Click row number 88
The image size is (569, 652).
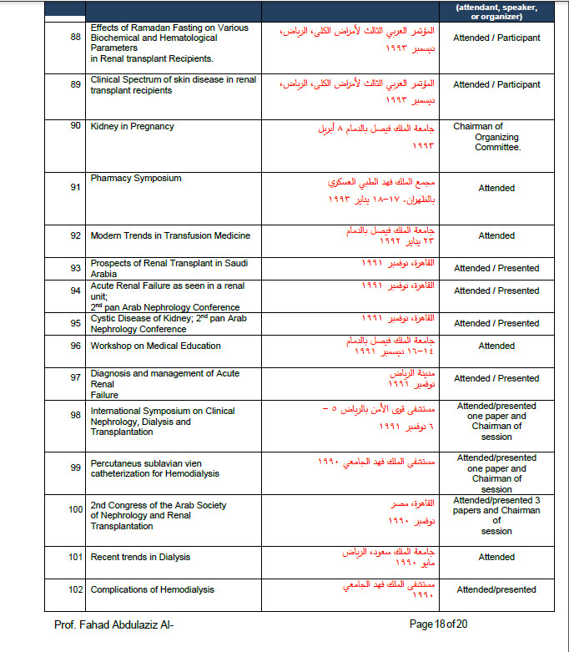[x=75, y=38]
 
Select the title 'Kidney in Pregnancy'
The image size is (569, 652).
[x=132, y=126]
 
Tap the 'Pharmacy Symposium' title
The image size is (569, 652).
[x=136, y=178]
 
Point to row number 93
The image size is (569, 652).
[x=75, y=268]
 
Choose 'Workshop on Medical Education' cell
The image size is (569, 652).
[x=155, y=346]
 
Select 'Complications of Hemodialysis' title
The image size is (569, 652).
[x=152, y=589]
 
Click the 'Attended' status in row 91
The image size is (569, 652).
[x=496, y=188]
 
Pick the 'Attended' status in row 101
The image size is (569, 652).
[x=496, y=557]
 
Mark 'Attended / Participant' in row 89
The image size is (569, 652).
[x=496, y=84]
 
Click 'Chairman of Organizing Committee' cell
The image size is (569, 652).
[x=496, y=137]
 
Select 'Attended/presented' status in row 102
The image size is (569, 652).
[x=496, y=589]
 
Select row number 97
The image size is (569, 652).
[x=75, y=378]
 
